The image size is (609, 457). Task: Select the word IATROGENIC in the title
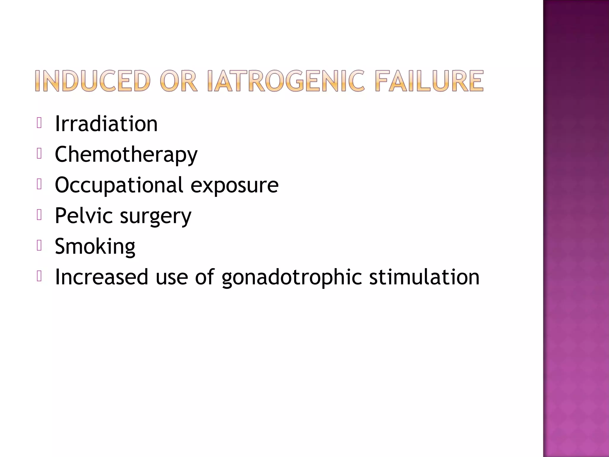click(x=286, y=81)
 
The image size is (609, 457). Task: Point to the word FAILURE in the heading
click(x=429, y=81)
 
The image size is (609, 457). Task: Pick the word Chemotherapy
click(x=126, y=155)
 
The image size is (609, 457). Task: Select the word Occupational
click(x=119, y=185)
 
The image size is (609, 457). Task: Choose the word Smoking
click(x=95, y=247)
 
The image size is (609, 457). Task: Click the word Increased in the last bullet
click(x=101, y=277)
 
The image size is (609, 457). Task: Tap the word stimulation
click(x=424, y=277)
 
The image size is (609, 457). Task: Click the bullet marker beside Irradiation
click(x=39, y=123)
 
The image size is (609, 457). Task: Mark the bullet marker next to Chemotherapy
click(x=39, y=154)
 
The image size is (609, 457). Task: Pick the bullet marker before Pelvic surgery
click(x=39, y=215)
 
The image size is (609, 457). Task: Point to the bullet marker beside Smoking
click(x=39, y=245)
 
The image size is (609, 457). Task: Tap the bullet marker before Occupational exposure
click(x=39, y=184)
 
